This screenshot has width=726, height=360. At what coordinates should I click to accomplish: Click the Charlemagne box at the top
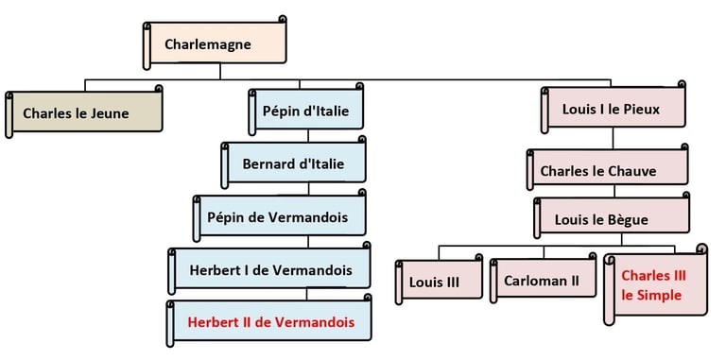tap(216, 44)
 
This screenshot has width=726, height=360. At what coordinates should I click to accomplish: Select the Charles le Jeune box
tap(83, 112)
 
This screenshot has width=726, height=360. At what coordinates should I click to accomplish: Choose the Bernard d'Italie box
tap(294, 163)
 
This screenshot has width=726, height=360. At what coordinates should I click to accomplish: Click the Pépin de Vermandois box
tap(279, 217)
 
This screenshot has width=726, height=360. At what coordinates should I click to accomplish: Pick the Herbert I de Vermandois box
tap(270, 270)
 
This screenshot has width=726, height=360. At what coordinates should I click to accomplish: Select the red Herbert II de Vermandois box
tap(270, 322)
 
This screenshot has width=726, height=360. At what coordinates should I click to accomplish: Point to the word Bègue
tap(627, 220)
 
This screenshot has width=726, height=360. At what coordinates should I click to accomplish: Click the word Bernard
tap(268, 164)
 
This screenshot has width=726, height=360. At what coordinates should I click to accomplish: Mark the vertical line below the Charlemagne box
tap(220, 71)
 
